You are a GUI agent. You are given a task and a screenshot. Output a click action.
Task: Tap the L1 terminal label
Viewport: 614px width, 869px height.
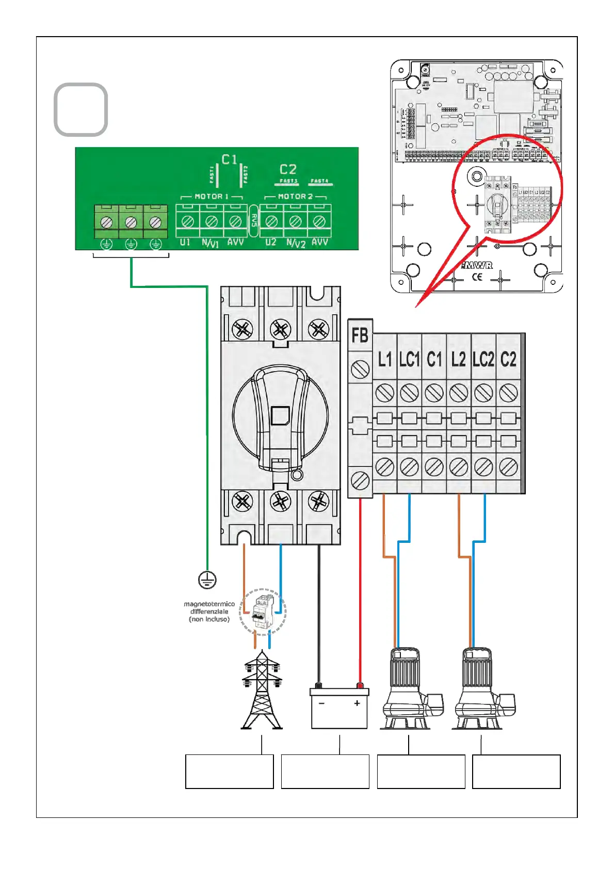coord(385,359)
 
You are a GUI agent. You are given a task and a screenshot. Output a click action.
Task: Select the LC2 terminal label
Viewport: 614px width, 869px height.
coord(483,359)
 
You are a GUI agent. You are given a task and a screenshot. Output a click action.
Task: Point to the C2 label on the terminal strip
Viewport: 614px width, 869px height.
coord(508,359)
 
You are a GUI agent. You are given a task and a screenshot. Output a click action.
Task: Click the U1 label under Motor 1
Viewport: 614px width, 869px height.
coord(185,242)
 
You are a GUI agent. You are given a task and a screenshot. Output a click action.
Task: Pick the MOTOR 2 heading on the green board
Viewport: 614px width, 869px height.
coord(295,197)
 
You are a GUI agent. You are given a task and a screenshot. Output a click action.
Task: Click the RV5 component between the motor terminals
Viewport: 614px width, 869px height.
coord(254,221)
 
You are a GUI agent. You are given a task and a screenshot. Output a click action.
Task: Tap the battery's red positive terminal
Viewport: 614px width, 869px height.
coord(360,686)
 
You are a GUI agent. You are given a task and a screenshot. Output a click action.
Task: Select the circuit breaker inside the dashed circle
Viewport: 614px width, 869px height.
coord(263,611)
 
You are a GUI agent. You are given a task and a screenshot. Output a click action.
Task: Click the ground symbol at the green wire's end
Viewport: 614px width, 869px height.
coord(207,580)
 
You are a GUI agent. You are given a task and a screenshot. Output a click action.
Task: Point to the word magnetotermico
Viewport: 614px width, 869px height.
coord(209,604)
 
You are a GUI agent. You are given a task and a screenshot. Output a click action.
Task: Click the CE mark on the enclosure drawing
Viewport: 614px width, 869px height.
coord(477,277)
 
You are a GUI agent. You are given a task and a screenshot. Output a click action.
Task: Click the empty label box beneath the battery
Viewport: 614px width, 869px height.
coord(325,771)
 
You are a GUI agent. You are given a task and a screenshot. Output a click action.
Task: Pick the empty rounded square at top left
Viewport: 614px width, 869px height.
coord(81,110)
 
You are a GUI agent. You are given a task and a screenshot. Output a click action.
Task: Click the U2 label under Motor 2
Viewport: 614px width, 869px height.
coord(270,242)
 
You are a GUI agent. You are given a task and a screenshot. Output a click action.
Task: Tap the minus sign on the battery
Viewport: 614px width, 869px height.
coord(321,704)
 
